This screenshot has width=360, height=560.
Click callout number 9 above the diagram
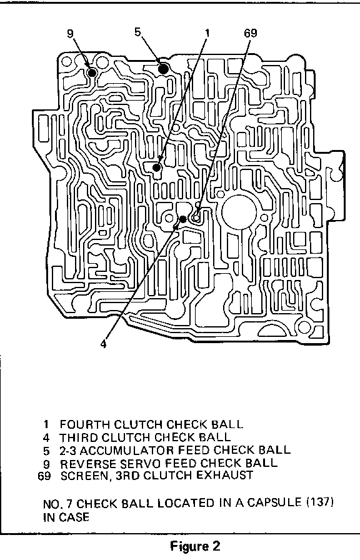click(70, 33)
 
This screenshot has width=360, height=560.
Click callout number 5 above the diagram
click(138, 32)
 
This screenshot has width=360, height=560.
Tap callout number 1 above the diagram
click(207, 33)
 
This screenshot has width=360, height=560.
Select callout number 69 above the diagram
click(251, 33)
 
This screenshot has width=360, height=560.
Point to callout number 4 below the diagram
click(103, 344)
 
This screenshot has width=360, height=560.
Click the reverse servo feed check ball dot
click(92, 72)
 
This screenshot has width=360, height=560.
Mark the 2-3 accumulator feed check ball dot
click(163, 68)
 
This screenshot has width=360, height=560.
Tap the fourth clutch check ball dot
click(156, 167)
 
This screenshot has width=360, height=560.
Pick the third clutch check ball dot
click(183, 219)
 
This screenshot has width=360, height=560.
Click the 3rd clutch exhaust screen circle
click(196, 217)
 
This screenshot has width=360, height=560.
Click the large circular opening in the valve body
click(239, 212)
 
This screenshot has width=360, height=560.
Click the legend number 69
click(44, 476)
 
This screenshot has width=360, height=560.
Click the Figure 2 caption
click(196, 546)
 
